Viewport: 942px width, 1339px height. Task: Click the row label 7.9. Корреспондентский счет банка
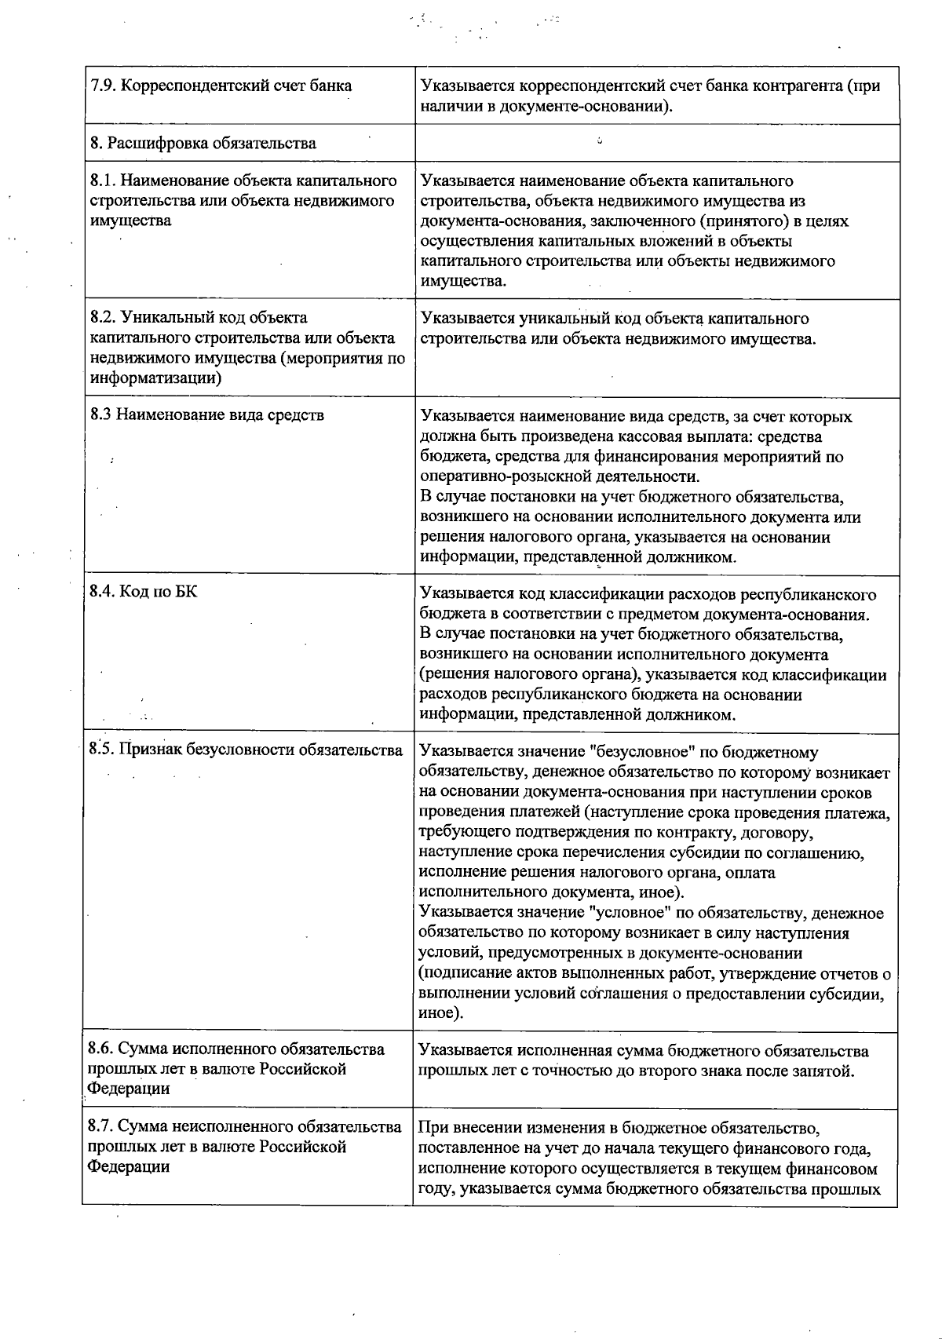(221, 86)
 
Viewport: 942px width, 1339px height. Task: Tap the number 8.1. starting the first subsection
(103, 181)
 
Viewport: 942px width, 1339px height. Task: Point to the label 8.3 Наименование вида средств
(207, 414)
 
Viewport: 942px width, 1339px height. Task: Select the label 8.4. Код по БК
(143, 591)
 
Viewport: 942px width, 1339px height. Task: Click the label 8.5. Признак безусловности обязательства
(246, 750)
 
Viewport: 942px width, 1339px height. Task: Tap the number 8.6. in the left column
(101, 1049)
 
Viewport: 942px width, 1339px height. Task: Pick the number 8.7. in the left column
(101, 1127)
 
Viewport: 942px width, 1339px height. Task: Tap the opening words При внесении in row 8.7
(462, 1129)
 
